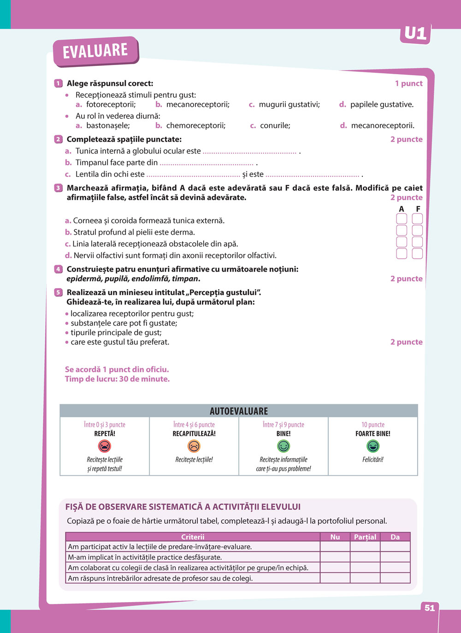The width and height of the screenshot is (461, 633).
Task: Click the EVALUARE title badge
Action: pos(95,51)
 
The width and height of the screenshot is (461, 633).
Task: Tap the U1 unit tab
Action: pos(415,34)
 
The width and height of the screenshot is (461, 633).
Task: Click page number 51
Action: pos(430,608)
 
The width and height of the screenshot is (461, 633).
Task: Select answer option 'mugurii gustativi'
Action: pos(289,105)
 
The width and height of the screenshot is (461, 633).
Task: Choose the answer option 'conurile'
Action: pos(275,125)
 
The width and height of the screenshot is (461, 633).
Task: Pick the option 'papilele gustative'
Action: pos(382,105)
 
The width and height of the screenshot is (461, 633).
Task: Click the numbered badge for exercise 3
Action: pos(58,188)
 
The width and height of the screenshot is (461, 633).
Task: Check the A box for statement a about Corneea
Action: pos(402,219)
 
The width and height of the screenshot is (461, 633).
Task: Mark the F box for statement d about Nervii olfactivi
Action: pos(417,253)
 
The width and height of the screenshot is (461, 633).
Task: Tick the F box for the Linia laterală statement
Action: pos(417,242)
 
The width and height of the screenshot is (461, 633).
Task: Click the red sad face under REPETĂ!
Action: pos(105,446)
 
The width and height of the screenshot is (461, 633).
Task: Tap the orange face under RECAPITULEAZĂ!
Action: pos(194,446)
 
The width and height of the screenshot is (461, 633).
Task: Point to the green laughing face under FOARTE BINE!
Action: pos(372,446)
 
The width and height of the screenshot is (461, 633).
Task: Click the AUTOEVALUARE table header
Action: pos(239,411)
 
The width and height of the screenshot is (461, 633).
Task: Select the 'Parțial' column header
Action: pos(365,537)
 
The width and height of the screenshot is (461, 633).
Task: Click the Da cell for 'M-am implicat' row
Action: pos(395,557)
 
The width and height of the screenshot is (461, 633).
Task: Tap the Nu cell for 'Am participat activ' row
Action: pos(335,547)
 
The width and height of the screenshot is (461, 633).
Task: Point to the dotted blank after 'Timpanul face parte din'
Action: pos(207,163)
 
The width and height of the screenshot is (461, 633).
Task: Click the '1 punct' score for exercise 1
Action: pos(408,83)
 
